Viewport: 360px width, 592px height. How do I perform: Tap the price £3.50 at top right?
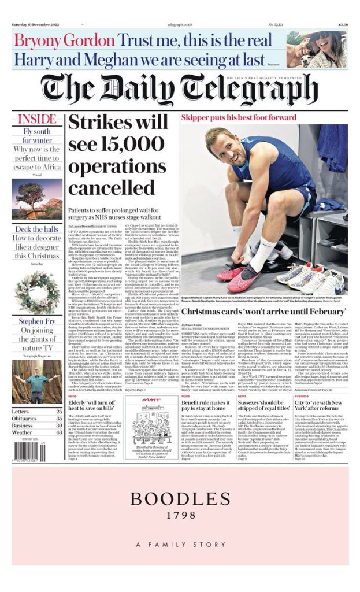[343, 24]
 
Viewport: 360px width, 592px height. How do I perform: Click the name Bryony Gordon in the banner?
[64, 40]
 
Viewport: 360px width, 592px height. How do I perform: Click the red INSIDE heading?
[37, 120]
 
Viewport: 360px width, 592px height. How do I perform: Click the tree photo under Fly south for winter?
[37, 199]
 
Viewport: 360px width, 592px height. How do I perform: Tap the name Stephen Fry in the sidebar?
[37, 321]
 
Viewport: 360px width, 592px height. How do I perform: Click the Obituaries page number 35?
[59, 419]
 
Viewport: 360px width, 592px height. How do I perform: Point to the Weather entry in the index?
[23, 432]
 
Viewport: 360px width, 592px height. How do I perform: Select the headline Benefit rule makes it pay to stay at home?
[206, 403]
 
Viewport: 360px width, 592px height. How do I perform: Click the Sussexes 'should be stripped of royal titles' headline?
[263, 403]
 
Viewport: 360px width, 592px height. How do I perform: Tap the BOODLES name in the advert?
[180, 499]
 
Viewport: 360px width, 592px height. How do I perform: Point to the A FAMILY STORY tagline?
[180, 545]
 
